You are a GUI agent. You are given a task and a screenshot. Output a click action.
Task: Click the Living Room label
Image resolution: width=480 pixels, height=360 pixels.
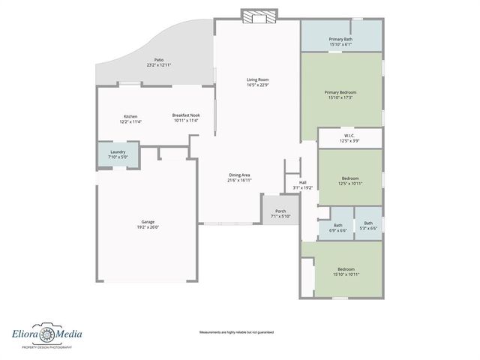point(258,79)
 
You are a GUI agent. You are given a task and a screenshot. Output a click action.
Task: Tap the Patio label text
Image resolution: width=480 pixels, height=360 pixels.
point(159,60)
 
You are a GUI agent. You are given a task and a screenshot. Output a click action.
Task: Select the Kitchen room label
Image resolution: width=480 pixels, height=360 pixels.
point(130,116)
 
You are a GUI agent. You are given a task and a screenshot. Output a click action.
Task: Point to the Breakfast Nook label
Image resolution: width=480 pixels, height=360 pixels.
point(186,115)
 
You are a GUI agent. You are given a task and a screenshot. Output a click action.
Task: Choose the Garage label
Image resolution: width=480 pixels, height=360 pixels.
point(148,221)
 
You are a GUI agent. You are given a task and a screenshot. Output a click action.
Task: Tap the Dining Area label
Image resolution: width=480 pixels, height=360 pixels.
point(239,175)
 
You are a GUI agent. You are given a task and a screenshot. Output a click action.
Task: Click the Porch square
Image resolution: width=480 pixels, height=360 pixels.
point(280,211)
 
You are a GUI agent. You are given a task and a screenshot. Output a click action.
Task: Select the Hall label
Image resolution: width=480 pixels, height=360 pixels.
point(303,182)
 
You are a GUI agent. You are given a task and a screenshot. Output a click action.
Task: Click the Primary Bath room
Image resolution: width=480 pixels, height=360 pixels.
point(340,40)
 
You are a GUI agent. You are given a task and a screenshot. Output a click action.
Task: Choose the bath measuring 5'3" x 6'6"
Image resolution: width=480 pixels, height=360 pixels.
point(368,226)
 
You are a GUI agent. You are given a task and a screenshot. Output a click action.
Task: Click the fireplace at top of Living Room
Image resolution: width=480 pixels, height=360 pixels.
point(259,15)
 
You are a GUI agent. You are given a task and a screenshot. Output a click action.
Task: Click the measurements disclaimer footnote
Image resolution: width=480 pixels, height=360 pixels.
point(236,332)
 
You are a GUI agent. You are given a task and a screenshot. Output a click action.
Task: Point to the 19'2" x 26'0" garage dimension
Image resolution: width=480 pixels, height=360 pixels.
point(148,226)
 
